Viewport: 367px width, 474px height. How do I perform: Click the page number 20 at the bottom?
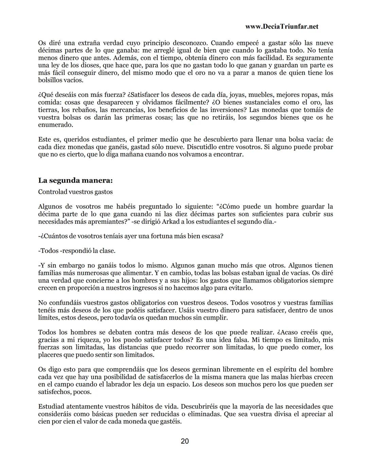tap(185, 441)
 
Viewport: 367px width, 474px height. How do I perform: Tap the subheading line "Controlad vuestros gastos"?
tap(75, 192)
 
